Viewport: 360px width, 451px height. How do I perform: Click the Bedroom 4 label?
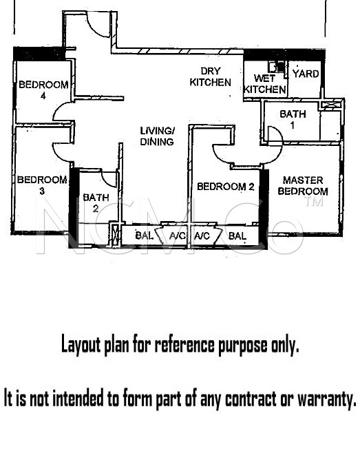(43, 90)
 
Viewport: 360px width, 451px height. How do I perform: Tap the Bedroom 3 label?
(42, 185)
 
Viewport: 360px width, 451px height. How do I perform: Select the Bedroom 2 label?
(226, 187)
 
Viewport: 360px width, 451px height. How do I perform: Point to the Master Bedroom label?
(303, 186)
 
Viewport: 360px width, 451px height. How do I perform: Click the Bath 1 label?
(293, 119)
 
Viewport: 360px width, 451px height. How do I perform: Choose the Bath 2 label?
(96, 202)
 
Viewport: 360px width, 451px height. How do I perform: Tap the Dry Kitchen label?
(210, 76)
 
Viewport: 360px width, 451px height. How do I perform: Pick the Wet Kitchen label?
(265, 84)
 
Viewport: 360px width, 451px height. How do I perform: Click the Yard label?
(306, 74)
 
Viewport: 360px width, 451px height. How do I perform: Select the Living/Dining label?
(157, 136)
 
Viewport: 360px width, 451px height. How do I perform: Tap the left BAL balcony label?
(144, 235)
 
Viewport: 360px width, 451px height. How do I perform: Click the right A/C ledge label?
(202, 236)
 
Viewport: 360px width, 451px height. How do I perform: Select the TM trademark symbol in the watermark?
(315, 201)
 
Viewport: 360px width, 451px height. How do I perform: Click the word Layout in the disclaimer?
(81, 344)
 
